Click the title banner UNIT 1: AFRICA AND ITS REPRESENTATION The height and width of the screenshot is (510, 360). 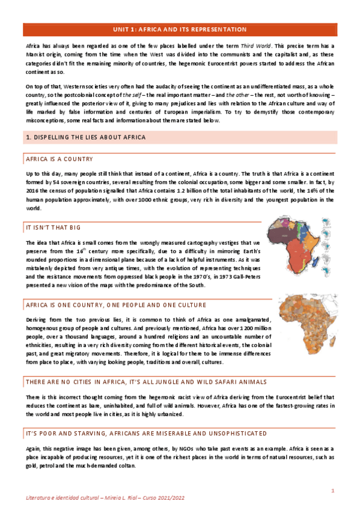tap(180, 29)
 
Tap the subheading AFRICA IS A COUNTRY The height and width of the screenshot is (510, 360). tap(59, 159)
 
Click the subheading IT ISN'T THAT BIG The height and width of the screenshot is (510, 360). tap(50, 229)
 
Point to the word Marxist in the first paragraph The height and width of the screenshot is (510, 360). tap(37, 55)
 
